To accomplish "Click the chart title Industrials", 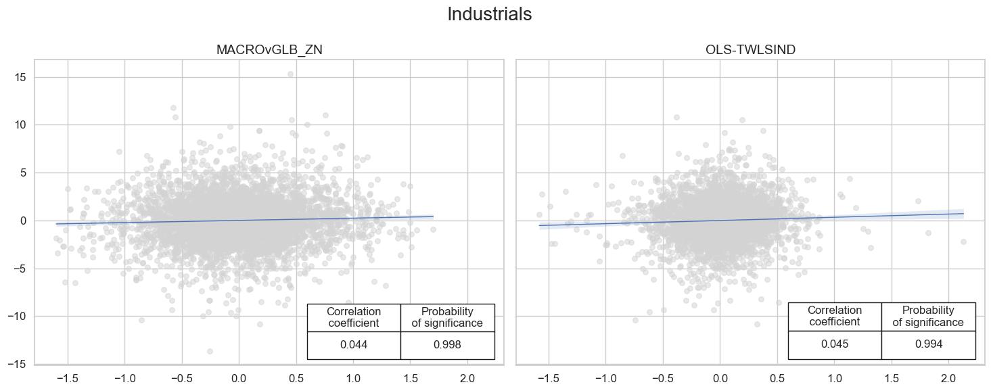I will click(x=490, y=15).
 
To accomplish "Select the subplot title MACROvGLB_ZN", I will click(x=269, y=49).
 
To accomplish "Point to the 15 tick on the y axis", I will click(x=19, y=78).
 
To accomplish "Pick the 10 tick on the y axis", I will click(x=19, y=125).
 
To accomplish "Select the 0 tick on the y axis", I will click(x=22, y=221).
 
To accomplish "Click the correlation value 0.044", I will click(x=354, y=345).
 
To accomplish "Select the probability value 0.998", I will click(x=447, y=345).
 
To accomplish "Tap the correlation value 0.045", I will click(x=835, y=344).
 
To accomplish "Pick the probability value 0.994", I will click(x=928, y=344).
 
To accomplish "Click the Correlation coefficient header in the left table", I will click(x=354, y=317).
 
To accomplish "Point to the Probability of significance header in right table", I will click(x=928, y=317).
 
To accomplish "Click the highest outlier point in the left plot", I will click(x=290, y=74).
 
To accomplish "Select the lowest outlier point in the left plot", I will click(x=210, y=351).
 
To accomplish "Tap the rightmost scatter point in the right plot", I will click(x=963, y=241).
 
